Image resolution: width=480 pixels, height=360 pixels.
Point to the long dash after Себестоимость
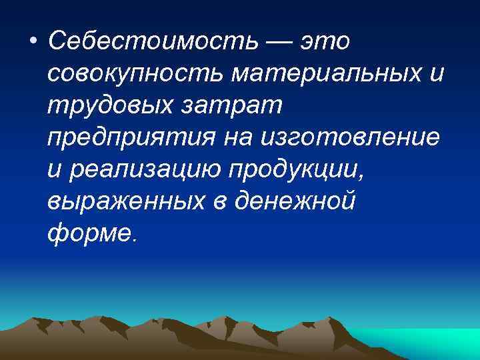click(277, 41)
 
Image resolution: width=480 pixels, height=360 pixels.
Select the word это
click(325, 41)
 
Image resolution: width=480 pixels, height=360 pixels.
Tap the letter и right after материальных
click(435, 73)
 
